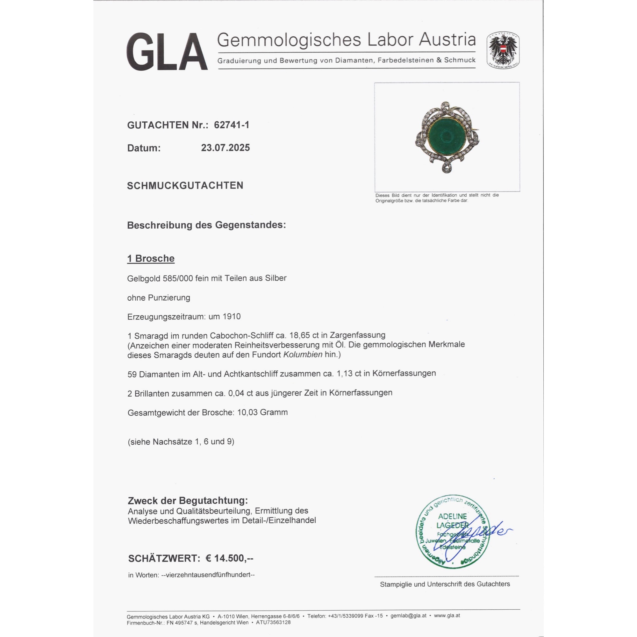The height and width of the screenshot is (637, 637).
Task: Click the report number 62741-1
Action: point(232,125)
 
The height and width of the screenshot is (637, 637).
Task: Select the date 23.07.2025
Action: point(225,148)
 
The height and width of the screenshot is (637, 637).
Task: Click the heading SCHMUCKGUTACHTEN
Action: point(185,186)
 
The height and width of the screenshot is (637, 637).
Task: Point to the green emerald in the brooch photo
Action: point(447,136)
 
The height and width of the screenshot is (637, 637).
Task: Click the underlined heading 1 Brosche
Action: point(151,259)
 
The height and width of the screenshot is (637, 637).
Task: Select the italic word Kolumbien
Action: point(303,355)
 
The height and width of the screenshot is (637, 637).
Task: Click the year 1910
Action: point(232,317)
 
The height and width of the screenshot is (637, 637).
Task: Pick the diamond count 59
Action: point(132,374)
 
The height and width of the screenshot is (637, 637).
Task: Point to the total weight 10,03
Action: point(247,412)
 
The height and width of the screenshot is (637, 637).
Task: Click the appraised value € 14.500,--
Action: point(229,558)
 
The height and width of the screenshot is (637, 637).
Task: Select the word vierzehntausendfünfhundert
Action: point(208,575)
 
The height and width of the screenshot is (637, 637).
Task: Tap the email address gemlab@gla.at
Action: point(408,616)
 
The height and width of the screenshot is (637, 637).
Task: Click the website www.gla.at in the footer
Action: point(447,616)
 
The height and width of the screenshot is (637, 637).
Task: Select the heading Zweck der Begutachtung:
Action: point(188,500)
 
